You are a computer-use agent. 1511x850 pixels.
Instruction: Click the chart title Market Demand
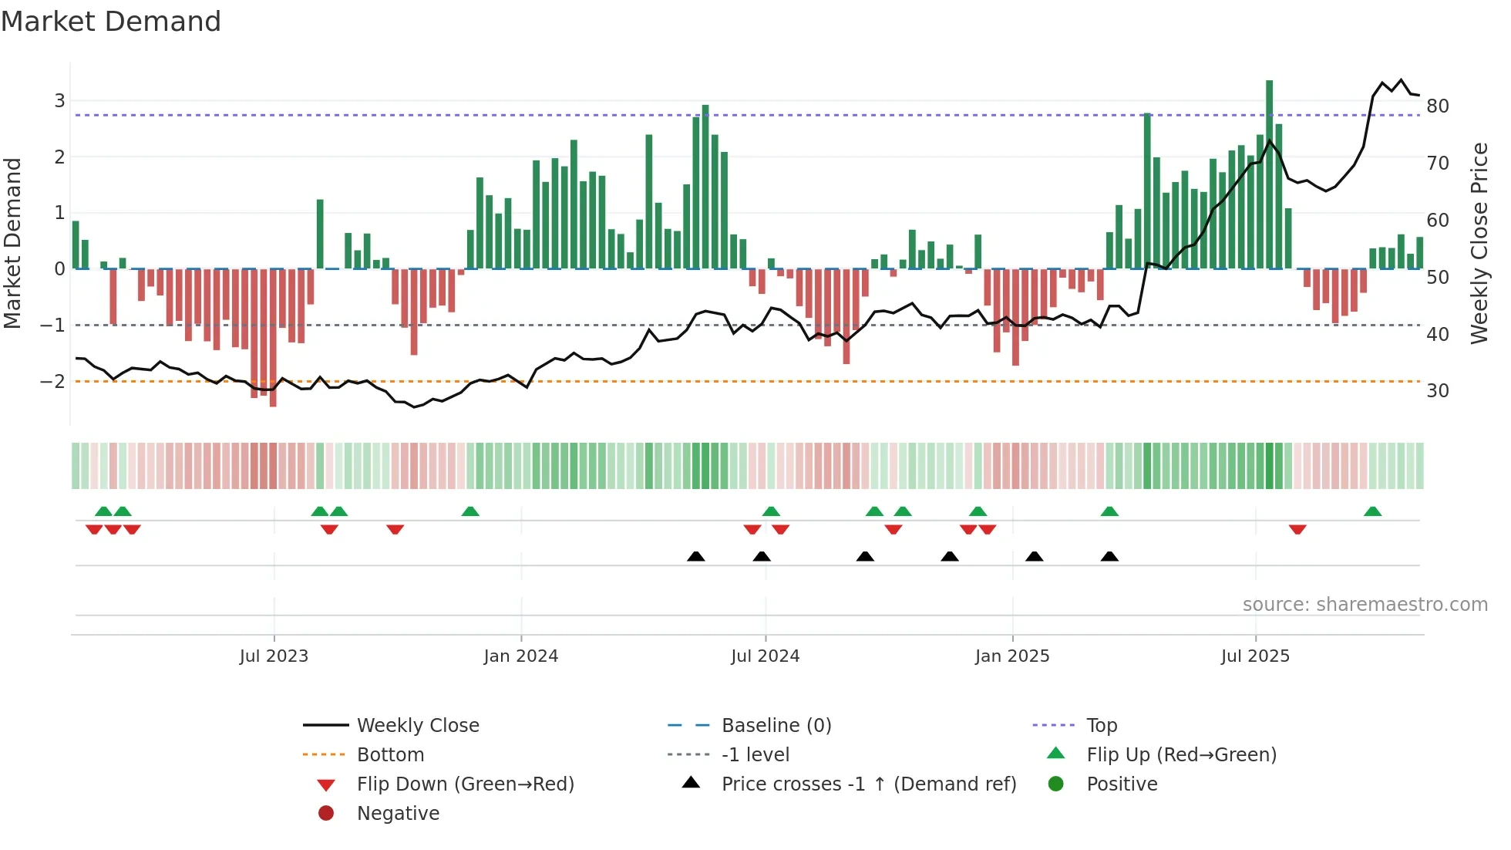pos(111,21)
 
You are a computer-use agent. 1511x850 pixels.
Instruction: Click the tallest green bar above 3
pos(1269,174)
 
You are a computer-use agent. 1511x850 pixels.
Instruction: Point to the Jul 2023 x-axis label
pos(274,656)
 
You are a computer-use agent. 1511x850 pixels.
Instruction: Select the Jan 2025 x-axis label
pos(1011,656)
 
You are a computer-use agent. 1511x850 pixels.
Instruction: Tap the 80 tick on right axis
pos(1437,106)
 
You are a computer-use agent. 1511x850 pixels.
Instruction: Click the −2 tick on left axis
pos(52,382)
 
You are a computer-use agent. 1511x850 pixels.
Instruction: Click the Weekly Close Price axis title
pos(1479,243)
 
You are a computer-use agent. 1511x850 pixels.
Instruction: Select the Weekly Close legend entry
pos(417,725)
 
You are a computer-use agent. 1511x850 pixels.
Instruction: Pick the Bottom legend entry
pos(390,754)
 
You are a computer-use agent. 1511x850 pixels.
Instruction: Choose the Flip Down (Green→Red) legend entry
pos(465,784)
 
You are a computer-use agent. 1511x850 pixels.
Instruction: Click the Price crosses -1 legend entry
pos(868,784)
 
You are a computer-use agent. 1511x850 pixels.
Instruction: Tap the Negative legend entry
pos(398,813)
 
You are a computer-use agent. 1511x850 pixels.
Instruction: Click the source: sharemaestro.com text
pos(1365,604)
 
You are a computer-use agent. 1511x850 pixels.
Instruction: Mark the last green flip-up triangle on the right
pos(1372,511)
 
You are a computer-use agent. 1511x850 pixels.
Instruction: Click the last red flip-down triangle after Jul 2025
pos(1297,529)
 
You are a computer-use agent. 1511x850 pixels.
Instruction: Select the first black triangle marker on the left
pos(695,556)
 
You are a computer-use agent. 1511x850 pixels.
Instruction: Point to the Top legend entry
pos(1101,725)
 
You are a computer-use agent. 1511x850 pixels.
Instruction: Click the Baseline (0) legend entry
pos(776,725)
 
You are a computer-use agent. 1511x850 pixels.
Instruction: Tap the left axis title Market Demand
pos(12,243)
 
